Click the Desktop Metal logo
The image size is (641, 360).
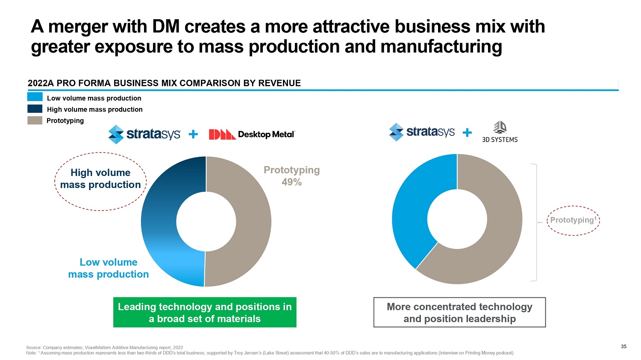[252, 135]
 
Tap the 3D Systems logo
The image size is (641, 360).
[500, 132]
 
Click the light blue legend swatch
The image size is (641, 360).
[35, 97]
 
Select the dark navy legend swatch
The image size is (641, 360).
[35, 109]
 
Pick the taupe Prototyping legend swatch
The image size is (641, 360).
[35, 120]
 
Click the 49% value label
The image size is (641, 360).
[291, 182]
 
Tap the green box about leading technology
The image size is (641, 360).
[205, 313]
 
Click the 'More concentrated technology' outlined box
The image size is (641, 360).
[459, 313]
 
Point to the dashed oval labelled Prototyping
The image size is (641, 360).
[573, 220]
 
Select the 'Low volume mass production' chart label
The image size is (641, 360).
[109, 268]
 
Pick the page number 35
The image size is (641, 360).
[623, 346]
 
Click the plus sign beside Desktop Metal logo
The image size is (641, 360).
[193, 135]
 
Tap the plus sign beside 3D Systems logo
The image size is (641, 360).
[468, 133]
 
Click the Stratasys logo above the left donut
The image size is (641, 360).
[144, 135]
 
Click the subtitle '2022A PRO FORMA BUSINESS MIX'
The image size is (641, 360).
[164, 83]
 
